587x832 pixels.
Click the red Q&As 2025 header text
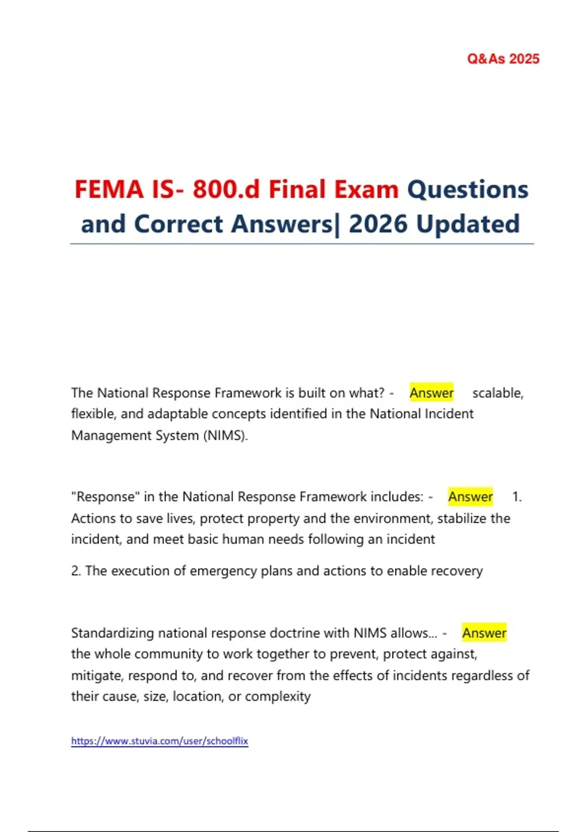click(x=503, y=59)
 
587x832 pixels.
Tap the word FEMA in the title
click(x=109, y=189)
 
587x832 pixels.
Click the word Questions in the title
click(x=468, y=189)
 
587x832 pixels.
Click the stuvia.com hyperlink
click(x=159, y=741)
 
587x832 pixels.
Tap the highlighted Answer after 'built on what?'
click(x=431, y=393)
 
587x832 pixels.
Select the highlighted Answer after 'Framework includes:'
click(x=471, y=497)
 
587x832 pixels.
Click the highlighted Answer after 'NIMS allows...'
click(x=484, y=633)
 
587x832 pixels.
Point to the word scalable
click(x=497, y=393)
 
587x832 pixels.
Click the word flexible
click(x=92, y=414)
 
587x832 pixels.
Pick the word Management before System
click(x=111, y=436)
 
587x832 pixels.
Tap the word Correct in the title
click(x=179, y=224)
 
